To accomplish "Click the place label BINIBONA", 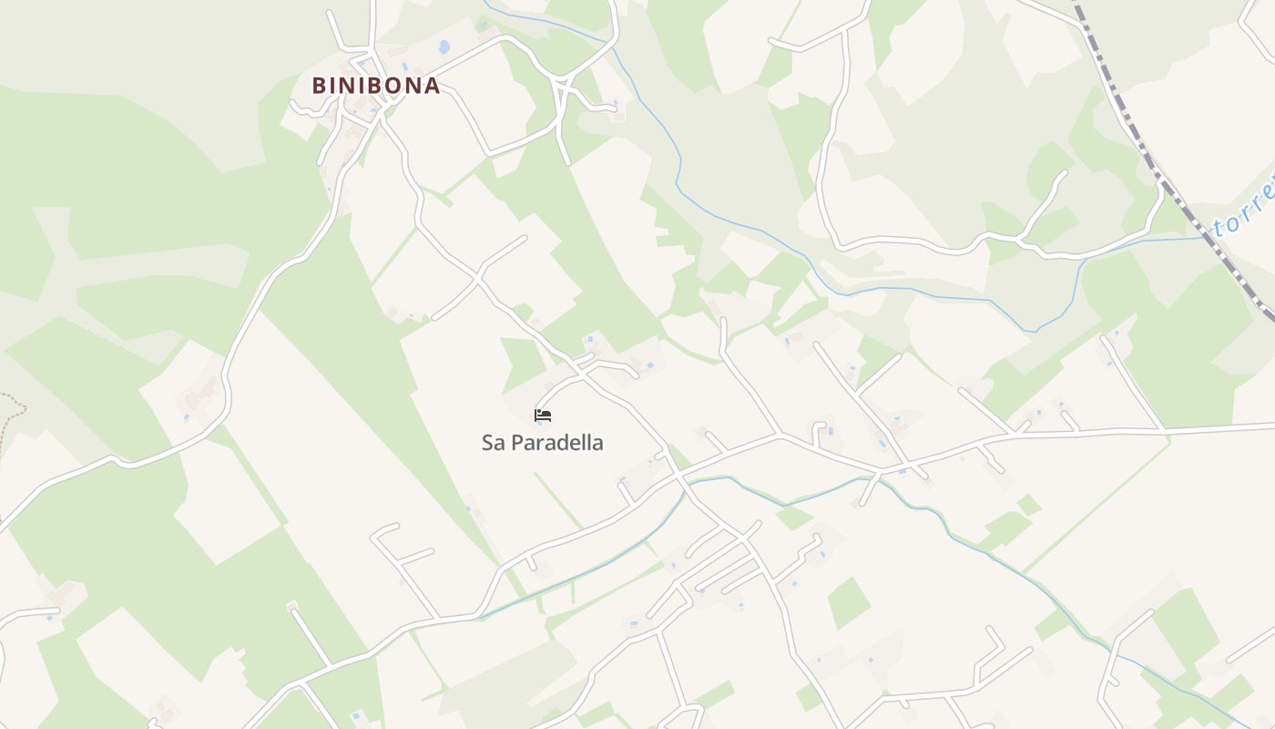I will click(x=376, y=86).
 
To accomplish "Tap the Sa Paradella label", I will click(x=542, y=443).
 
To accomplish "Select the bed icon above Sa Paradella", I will click(x=543, y=416).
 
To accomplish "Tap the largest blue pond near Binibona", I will click(x=444, y=46).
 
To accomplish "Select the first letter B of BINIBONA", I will click(x=319, y=86).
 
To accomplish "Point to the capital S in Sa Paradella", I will click(x=486, y=443).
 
